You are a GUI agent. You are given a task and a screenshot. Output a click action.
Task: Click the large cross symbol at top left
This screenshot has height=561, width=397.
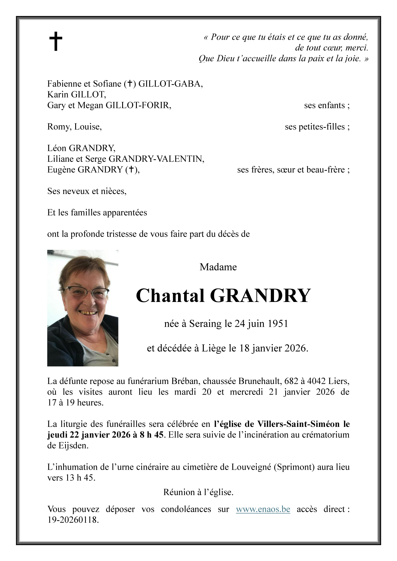tap(56, 41)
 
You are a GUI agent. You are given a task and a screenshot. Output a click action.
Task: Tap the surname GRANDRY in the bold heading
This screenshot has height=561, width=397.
tap(260, 296)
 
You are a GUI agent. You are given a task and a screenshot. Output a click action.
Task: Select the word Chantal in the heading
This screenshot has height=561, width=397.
tap(170, 296)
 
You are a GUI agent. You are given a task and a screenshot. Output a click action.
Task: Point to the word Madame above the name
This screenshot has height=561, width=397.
tap(218, 267)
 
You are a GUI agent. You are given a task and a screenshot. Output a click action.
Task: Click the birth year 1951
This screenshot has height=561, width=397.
tap(278, 324)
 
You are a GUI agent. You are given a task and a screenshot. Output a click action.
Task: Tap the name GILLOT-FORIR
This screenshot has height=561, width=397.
tap(138, 105)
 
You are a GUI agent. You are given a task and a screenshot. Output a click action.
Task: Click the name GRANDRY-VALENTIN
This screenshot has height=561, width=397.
tap(156, 159)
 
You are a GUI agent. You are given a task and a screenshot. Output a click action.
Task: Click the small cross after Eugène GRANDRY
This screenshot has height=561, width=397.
tap(131, 170)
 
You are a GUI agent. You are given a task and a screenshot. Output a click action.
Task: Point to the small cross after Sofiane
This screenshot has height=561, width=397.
tap(130, 84)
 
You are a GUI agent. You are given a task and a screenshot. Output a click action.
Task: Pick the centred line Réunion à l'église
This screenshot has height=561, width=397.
tap(198, 492)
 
